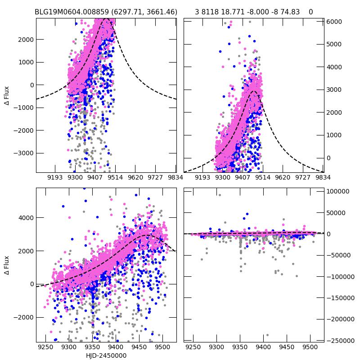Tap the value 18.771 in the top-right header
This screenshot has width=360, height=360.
point(228,12)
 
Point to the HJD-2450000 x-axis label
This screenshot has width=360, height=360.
point(106,355)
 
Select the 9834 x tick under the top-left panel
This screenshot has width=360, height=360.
point(175,178)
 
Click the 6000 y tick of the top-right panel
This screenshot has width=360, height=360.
point(334,22)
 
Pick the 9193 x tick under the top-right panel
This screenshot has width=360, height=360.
point(203,178)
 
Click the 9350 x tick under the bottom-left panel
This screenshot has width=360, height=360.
point(92,347)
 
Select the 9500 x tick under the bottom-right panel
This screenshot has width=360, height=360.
point(310,347)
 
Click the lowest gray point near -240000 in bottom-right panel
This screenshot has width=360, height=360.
point(267,335)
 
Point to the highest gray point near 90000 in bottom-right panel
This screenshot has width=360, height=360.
point(220,195)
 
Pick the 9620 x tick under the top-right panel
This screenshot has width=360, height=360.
point(283,178)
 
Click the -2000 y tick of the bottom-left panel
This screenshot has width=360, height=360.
point(23,317)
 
